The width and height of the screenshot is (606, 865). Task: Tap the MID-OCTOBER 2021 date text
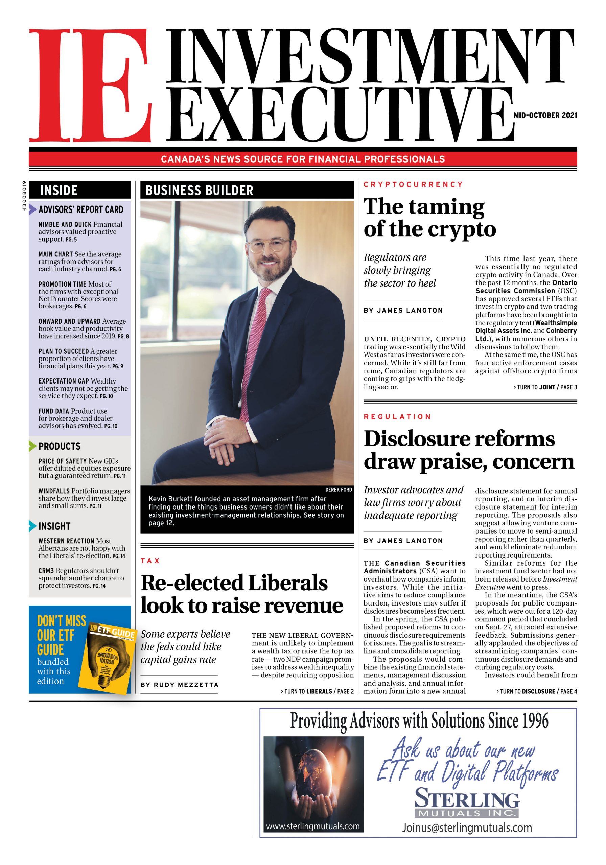click(545, 115)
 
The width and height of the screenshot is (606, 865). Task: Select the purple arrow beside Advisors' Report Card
click(33, 209)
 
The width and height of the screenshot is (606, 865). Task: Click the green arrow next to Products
click(33, 446)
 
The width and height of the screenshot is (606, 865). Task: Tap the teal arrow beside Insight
click(33, 526)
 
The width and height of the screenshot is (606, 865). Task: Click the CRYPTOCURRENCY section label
click(413, 184)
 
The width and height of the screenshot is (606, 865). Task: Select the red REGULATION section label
click(397, 416)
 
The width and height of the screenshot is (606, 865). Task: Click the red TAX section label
click(150, 561)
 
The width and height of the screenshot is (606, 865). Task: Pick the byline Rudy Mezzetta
click(179, 685)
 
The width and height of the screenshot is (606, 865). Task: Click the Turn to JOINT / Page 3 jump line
click(545, 387)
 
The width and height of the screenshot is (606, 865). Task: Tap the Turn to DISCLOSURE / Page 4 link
click(536, 691)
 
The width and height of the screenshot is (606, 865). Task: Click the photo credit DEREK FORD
click(338, 489)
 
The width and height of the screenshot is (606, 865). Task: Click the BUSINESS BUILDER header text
click(199, 190)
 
